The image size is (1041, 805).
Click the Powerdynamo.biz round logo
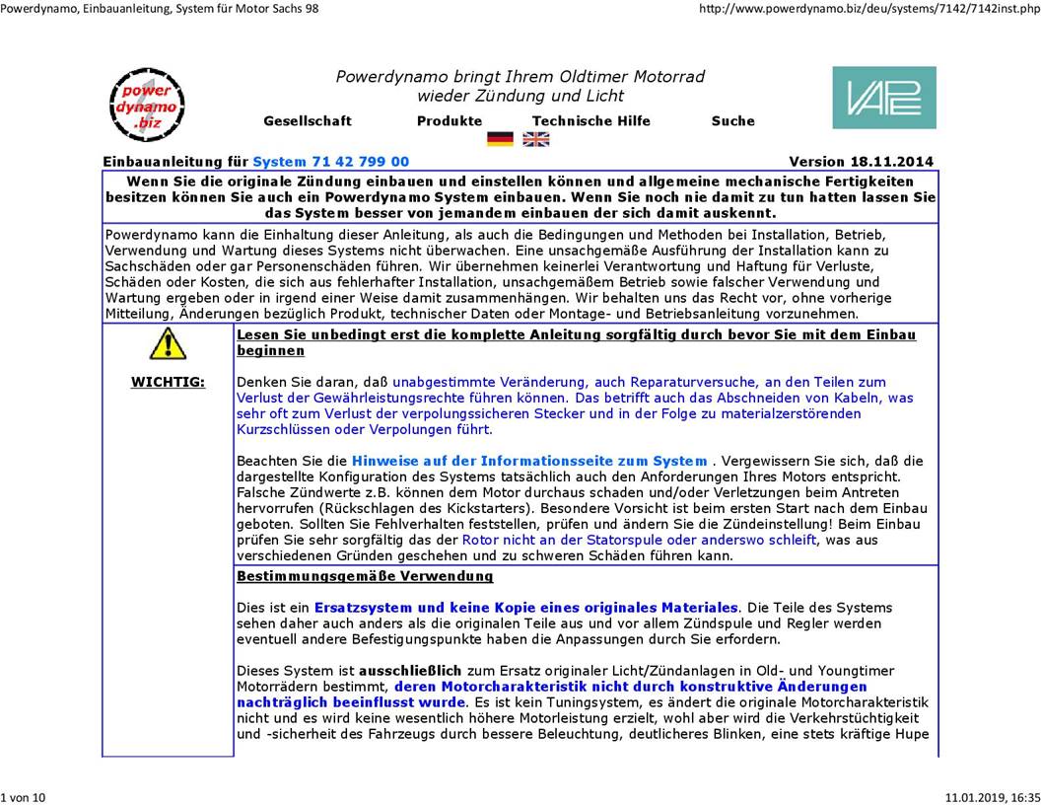[145, 105]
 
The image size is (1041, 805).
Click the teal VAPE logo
[883, 98]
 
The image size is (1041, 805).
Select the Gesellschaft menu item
[307, 121]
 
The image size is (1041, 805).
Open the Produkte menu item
[450, 121]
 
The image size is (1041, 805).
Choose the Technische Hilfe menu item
[590, 121]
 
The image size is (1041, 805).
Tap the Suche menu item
[732, 121]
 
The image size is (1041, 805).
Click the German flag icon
[500, 139]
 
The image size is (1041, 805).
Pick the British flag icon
[536, 139]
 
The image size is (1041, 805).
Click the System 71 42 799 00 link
[330, 162]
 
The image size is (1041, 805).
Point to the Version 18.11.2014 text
[861, 162]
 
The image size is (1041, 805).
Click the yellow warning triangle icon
[168, 343]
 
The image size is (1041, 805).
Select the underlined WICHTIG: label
[168, 383]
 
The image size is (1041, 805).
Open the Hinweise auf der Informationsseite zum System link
[529, 461]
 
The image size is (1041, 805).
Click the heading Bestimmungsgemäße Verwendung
[365, 576]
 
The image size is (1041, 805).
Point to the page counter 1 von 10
[24, 796]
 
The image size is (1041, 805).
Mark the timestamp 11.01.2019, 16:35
[992, 796]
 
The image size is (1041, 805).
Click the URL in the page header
[868, 9]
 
